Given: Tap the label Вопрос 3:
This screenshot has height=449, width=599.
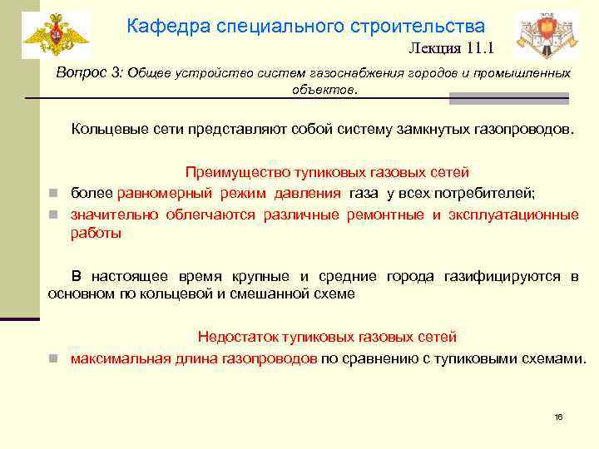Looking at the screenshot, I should (x=89, y=72).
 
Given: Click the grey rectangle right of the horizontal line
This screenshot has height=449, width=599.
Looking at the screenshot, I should (x=508, y=98).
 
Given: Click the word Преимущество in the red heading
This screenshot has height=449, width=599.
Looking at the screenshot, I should (x=236, y=173).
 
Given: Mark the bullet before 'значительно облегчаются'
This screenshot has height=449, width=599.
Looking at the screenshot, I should (x=52, y=215).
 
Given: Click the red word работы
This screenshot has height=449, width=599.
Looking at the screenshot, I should (x=96, y=234).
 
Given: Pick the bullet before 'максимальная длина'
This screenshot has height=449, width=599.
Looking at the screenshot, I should (x=52, y=359).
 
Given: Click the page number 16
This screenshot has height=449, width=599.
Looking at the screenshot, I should (x=558, y=417).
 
